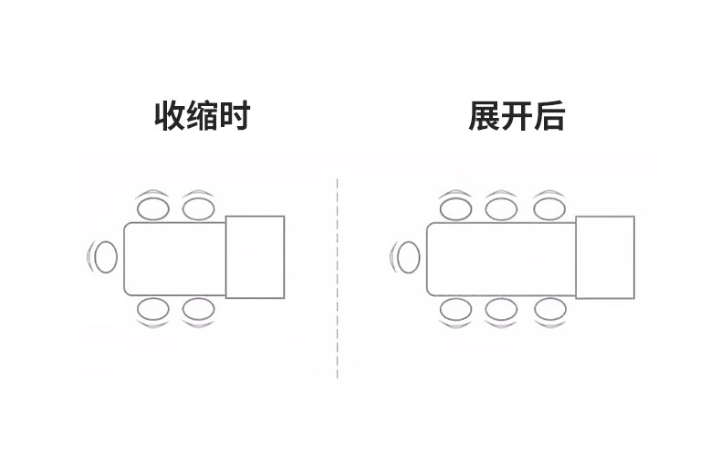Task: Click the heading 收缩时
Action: click(202, 117)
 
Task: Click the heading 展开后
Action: click(517, 117)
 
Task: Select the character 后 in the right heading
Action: click(549, 117)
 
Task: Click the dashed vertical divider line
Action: click(338, 274)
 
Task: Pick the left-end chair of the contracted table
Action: click(106, 257)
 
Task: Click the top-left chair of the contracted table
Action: click(152, 207)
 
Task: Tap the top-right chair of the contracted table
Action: click(198, 207)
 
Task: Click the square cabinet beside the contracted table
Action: click(256, 257)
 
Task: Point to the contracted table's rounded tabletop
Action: click(174, 258)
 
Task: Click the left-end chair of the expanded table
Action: click(408, 257)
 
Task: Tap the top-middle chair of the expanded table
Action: click(501, 207)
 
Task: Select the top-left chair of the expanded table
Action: click(455, 207)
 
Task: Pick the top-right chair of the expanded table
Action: click(548, 207)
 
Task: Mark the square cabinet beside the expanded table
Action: click(604, 257)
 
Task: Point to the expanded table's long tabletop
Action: click(500, 258)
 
